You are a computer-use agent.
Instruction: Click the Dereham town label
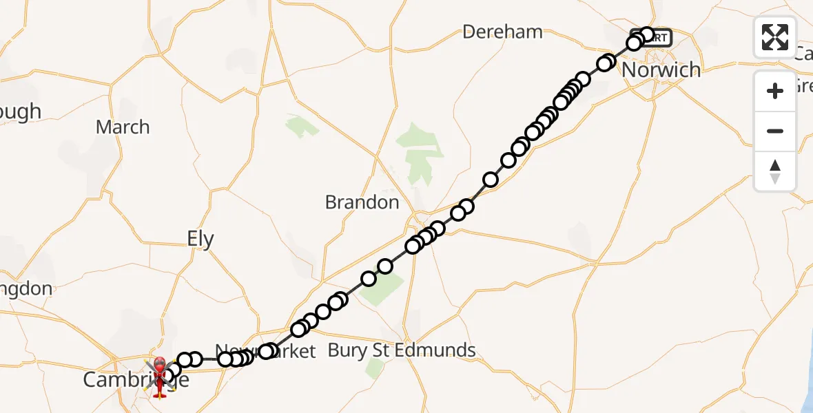click(503, 32)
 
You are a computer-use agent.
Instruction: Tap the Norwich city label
click(661, 70)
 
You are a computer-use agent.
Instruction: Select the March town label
click(123, 127)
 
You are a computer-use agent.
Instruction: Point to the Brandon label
click(362, 202)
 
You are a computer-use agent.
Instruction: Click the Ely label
click(200, 240)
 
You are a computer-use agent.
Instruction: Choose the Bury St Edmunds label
click(402, 350)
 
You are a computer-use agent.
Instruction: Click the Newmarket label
click(265, 352)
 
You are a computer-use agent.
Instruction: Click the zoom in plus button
click(775, 91)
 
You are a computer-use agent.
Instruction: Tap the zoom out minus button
click(775, 131)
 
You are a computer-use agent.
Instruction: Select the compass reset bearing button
click(775, 171)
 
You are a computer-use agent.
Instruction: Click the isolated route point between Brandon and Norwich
click(491, 180)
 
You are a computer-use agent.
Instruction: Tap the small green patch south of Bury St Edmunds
click(375, 369)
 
